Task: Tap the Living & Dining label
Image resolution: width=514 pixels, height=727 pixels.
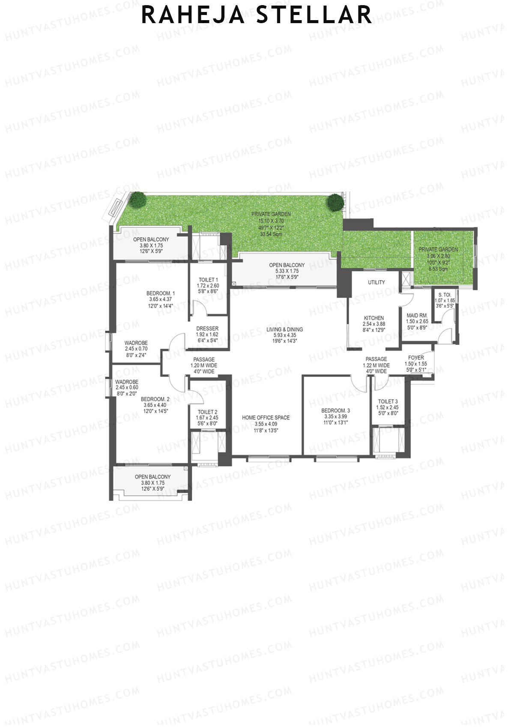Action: point(284,329)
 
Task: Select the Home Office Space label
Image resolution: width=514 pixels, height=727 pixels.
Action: point(266,418)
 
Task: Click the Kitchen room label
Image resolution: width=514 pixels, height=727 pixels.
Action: point(374,318)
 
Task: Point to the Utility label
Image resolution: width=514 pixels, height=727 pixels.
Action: point(376,282)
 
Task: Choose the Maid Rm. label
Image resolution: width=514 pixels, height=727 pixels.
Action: point(417,315)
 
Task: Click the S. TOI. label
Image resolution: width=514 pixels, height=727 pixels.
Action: point(445,295)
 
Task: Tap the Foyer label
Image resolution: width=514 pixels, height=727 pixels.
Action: point(415,358)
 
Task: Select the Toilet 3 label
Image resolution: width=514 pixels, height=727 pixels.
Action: point(387,401)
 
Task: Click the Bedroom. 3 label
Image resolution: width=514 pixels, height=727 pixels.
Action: point(335,410)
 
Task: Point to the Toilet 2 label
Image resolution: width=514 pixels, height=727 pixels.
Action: point(207,412)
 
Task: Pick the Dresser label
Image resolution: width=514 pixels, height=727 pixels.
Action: point(207,329)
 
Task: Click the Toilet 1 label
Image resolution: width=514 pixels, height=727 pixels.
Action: point(208,280)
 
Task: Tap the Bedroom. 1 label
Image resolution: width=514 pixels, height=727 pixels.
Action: point(160,293)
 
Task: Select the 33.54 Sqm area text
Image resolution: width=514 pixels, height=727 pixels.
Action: point(271,234)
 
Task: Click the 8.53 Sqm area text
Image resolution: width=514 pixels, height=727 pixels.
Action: point(438,269)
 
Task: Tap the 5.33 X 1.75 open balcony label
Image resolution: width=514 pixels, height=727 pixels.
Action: point(287,271)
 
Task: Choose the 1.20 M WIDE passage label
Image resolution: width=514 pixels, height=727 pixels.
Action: point(204,365)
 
